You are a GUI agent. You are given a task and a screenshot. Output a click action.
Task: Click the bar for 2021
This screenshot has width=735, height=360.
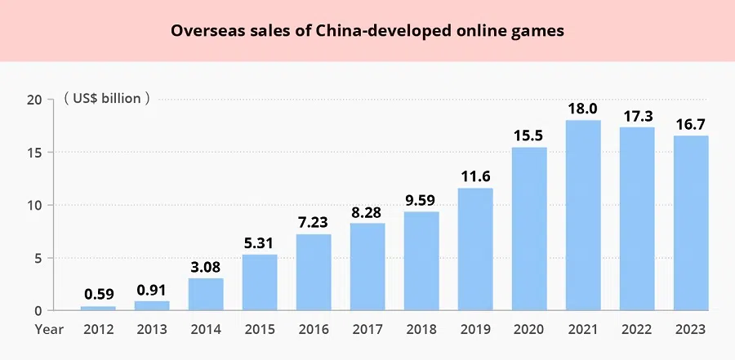tap(582, 216)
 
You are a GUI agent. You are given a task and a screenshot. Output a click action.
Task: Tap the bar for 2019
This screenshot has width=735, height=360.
tap(474, 249)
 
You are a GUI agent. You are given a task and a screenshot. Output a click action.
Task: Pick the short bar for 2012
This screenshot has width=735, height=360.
tap(97, 309)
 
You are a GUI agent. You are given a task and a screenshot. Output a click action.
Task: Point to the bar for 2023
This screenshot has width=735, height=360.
tap(690, 223)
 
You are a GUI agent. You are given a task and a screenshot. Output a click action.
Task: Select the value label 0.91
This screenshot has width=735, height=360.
tap(151, 290)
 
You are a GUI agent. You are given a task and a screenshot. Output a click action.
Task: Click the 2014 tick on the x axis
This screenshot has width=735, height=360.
tap(205, 329)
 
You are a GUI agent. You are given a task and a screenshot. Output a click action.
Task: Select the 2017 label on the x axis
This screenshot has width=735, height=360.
tap(367, 329)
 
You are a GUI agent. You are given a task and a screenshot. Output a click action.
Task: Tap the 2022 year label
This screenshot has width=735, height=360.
tap(636, 329)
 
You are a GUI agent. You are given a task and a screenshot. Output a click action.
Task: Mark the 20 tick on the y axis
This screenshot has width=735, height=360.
tap(33, 100)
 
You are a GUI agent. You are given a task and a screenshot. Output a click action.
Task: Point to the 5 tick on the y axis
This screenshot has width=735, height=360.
tap(37, 258)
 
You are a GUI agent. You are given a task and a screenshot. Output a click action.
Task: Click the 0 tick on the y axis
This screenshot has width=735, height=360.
tap(37, 311)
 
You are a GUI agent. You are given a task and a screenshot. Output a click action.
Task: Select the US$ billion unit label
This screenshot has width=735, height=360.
tap(106, 100)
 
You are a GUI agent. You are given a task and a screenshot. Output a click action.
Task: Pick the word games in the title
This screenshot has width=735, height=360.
tap(540, 32)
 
